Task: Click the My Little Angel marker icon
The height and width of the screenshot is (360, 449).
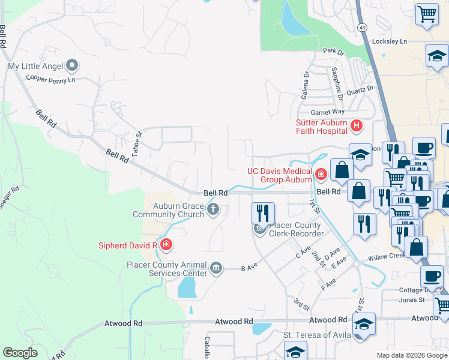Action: pos(73,65)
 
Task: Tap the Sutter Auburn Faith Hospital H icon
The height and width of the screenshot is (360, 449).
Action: pos(357,126)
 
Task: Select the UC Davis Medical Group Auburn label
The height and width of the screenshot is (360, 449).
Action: pos(280,175)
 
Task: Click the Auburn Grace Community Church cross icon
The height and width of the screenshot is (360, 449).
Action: pos(212,209)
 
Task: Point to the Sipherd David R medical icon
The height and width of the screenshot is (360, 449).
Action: pos(166,245)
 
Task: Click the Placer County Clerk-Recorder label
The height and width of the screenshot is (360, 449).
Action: pos(296,230)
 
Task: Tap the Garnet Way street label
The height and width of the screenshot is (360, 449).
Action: pos(327,112)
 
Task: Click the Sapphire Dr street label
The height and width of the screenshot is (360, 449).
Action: pos(336,83)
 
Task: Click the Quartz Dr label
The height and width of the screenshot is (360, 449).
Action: pos(360,88)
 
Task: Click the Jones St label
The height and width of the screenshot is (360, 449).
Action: pos(412,299)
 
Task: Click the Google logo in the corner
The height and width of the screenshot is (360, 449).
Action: pos(20,353)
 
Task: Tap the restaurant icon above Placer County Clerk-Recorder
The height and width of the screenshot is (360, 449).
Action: pos(263,212)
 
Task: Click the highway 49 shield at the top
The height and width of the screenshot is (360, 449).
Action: pos(363,28)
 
